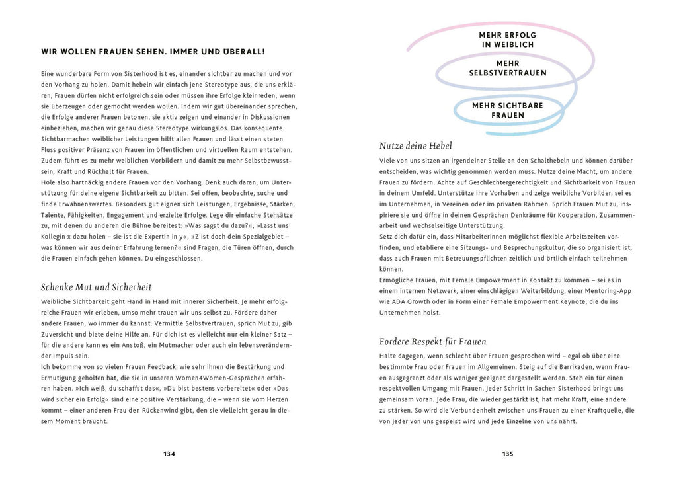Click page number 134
click(x=169, y=454)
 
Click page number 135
click(x=507, y=454)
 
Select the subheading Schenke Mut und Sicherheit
click(x=96, y=287)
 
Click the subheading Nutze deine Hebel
click(x=416, y=145)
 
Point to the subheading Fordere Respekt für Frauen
click(x=433, y=341)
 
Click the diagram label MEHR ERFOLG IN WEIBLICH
click(x=508, y=40)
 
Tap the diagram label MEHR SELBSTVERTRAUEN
click(x=508, y=68)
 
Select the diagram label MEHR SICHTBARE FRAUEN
click(x=508, y=110)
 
